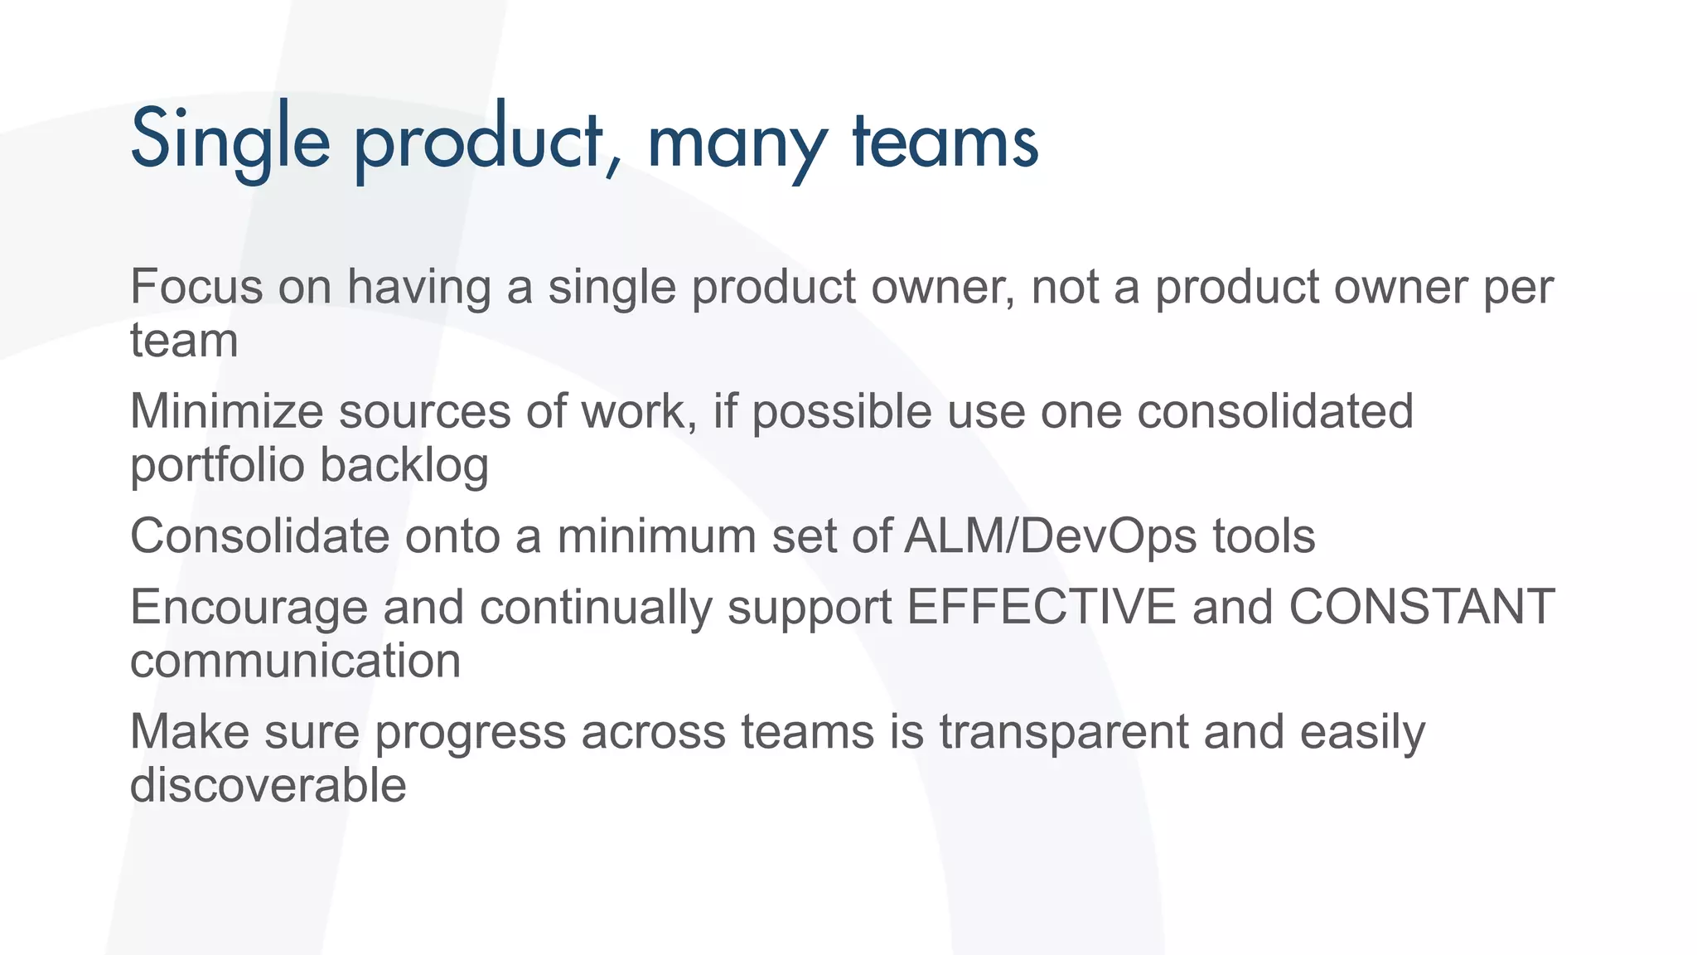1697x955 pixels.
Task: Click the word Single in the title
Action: pyautogui.click(x=230, y=139)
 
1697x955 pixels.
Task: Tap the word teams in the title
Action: pyautogui.click(x=945, y=141)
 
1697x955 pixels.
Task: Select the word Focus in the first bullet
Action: pyautogui.click(x=196, y=287)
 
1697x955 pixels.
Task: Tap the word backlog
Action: pyautogui.click(x=404, y=465)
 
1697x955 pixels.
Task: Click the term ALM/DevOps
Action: pyautogui.click(x=1051, y=536)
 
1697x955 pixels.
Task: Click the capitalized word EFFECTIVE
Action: pyautogui.click(x=1041, y=607)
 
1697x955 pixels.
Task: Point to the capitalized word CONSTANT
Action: pyautogui.click(x=1421, y=607)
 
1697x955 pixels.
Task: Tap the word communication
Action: pyautogui.click(x=295, y=661)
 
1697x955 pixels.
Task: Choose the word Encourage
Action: pyautogui.click(x=249, y=608)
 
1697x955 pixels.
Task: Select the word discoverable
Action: pyautogui.click(x=268, y=785)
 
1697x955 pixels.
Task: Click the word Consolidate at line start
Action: pyautogui.click(x=259, y=536)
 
